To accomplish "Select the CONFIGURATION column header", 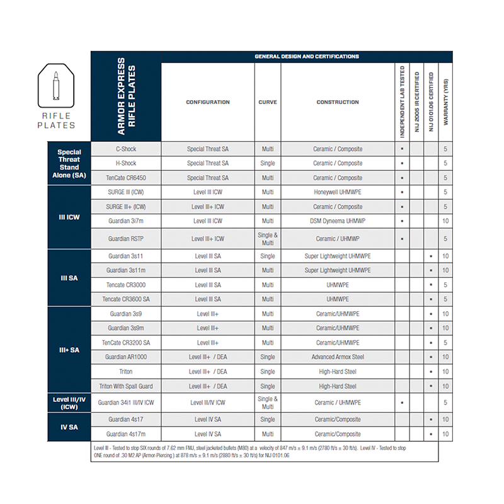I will pos(208,102).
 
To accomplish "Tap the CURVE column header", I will pos(268,102).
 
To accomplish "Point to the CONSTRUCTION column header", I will pos(338,102).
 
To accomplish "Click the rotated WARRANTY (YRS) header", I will pos(446,101).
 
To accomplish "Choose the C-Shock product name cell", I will pos(126,149).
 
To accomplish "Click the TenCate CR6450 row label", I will pos(126,178).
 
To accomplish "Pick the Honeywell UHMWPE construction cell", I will pos(338,192).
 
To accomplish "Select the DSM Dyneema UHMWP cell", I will pos(338,221).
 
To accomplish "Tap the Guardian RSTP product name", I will pos(126,239).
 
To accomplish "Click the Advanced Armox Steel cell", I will pos(338,357).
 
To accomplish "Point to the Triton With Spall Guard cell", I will pos(126,386).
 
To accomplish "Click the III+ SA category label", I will pos(69,350).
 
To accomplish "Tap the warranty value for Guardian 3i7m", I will pos(446,221).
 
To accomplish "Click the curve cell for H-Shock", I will pos(268,163).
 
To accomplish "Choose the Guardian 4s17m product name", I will pos(126,434).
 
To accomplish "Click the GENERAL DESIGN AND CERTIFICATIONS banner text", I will pos(307,57).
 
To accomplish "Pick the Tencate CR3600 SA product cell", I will pos(126,299).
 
